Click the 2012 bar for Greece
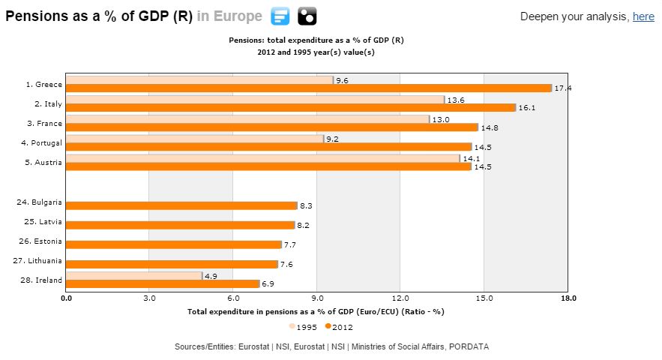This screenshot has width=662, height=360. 308,88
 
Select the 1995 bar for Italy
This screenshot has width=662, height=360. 255,99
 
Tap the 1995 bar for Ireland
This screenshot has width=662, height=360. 133,275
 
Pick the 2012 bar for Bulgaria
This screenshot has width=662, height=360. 181,205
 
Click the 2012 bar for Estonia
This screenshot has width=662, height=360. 173,244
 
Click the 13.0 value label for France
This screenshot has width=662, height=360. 439,119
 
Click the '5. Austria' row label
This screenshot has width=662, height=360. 44,162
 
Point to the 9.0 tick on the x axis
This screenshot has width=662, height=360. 316,298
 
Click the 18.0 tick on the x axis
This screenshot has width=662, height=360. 568,298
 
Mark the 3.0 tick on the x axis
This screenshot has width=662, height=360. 148,298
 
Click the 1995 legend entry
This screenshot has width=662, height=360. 303,327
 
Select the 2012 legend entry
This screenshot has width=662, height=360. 339,327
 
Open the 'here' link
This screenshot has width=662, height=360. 643,16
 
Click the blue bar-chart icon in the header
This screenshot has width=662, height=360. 280,16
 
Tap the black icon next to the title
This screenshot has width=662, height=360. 307,16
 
